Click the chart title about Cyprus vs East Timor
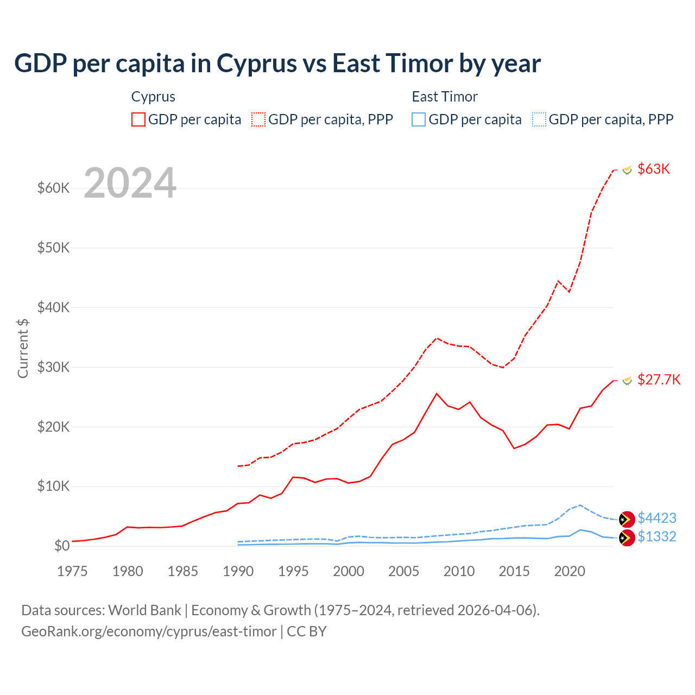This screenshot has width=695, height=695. [277, 64]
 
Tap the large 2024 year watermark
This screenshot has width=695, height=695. [130, 183]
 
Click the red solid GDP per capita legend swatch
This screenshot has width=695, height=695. [138, 119]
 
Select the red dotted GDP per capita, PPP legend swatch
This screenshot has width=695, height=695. [258, 119]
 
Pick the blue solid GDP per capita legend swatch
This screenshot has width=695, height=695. [419, 119]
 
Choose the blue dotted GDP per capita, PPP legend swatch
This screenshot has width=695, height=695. [539, 119]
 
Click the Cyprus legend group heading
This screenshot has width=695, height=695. [153, 97]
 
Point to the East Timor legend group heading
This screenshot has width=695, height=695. [444, 97]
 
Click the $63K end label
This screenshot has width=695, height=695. [654, 169]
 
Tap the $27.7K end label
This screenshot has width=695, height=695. [659, 380]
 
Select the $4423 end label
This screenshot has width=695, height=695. [656, 518]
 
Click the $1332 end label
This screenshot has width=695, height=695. [656, 536]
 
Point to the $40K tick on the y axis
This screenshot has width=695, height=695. [53, 307]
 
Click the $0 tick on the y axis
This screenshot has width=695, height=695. [62, 546]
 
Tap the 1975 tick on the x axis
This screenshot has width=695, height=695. [72, 571]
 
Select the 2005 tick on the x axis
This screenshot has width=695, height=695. [403, 571]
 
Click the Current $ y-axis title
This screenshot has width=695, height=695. [23, 348]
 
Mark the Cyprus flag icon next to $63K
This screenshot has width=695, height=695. [627, 170]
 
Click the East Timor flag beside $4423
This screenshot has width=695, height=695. [627, 519]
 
